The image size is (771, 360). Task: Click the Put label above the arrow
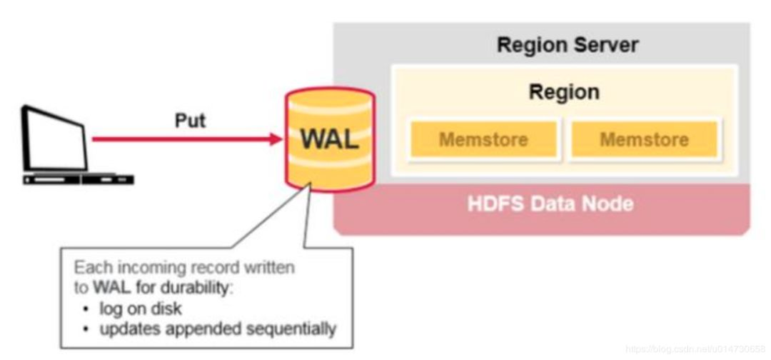(191, 120)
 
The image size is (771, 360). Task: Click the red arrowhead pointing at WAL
(277, 139)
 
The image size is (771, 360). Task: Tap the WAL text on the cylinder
(329, 139)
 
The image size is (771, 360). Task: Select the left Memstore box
(483, 139)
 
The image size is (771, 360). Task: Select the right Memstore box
(644, 139)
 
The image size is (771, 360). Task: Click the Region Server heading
(568, 46)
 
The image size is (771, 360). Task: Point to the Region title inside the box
(564, 92)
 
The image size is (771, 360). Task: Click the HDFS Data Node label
(550, 203)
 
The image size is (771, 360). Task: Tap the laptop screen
(54, 139)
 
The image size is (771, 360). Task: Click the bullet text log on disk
(141, 309)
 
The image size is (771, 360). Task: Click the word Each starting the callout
(89, 269)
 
